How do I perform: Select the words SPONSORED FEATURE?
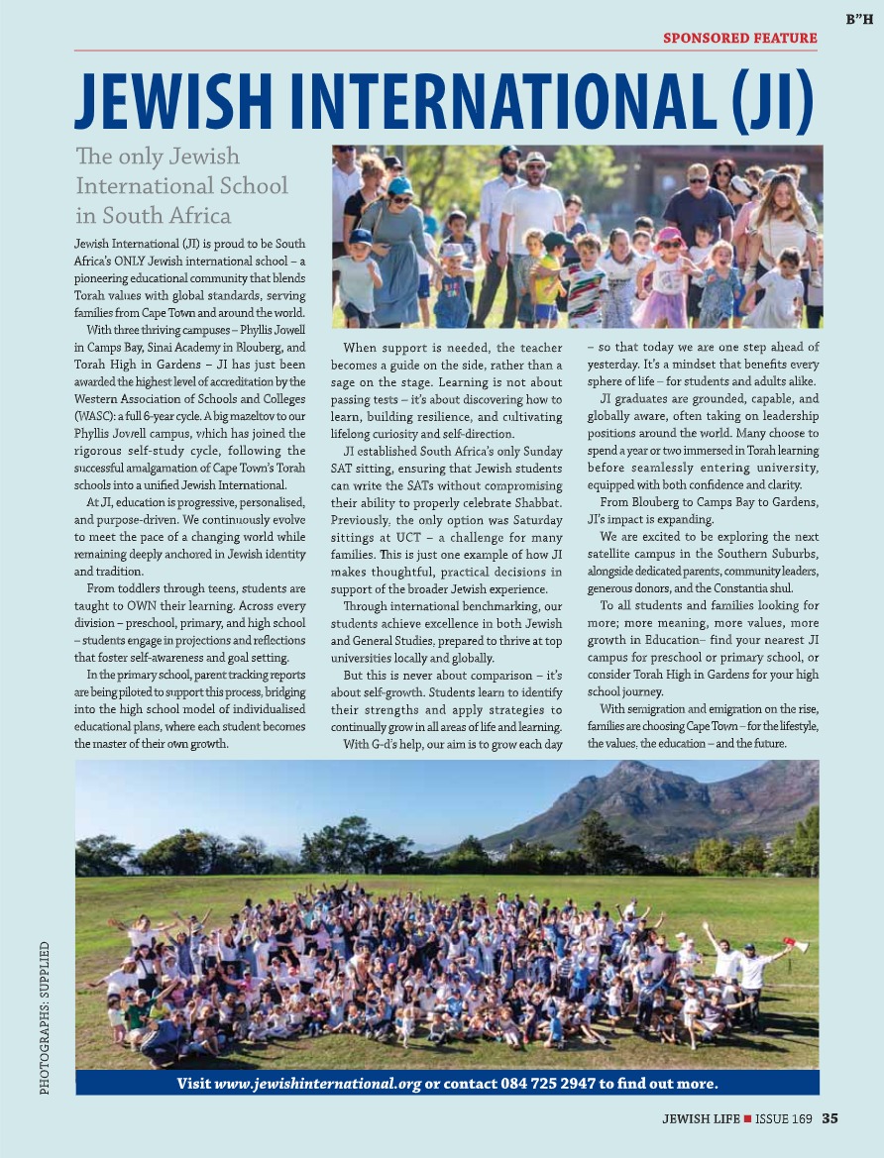point(740,39)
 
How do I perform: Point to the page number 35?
point(829,1119)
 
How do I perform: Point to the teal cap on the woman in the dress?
point(400,185)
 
